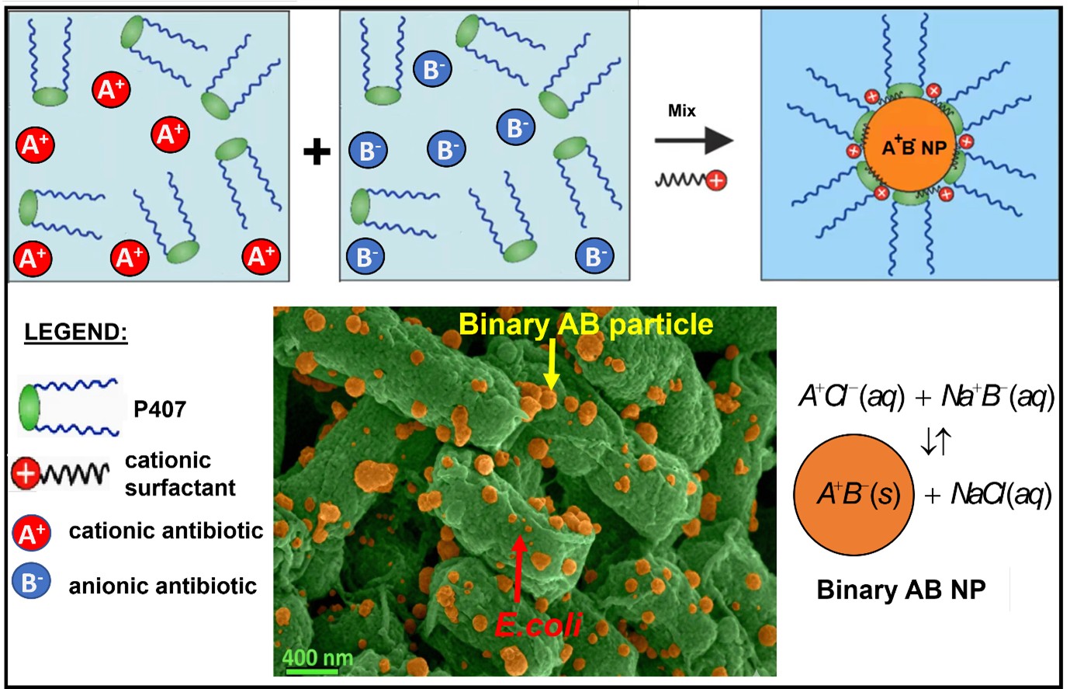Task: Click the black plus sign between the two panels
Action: [x=316, y=151]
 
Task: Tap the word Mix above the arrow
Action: [x=682, y=111]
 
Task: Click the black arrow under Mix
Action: [x=694, y=141]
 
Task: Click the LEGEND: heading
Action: [x=76, y=332]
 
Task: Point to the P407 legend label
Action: [x=160, y=409]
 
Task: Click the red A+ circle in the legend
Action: [x=32, y=533]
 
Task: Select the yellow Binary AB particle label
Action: [x=586, y=323]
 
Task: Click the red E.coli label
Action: [x=538, y=625]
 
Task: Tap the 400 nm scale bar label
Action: [x=317, y=657]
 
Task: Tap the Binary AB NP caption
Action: [x=901, y=590]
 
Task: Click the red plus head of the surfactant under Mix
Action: [x=717, y=181]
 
